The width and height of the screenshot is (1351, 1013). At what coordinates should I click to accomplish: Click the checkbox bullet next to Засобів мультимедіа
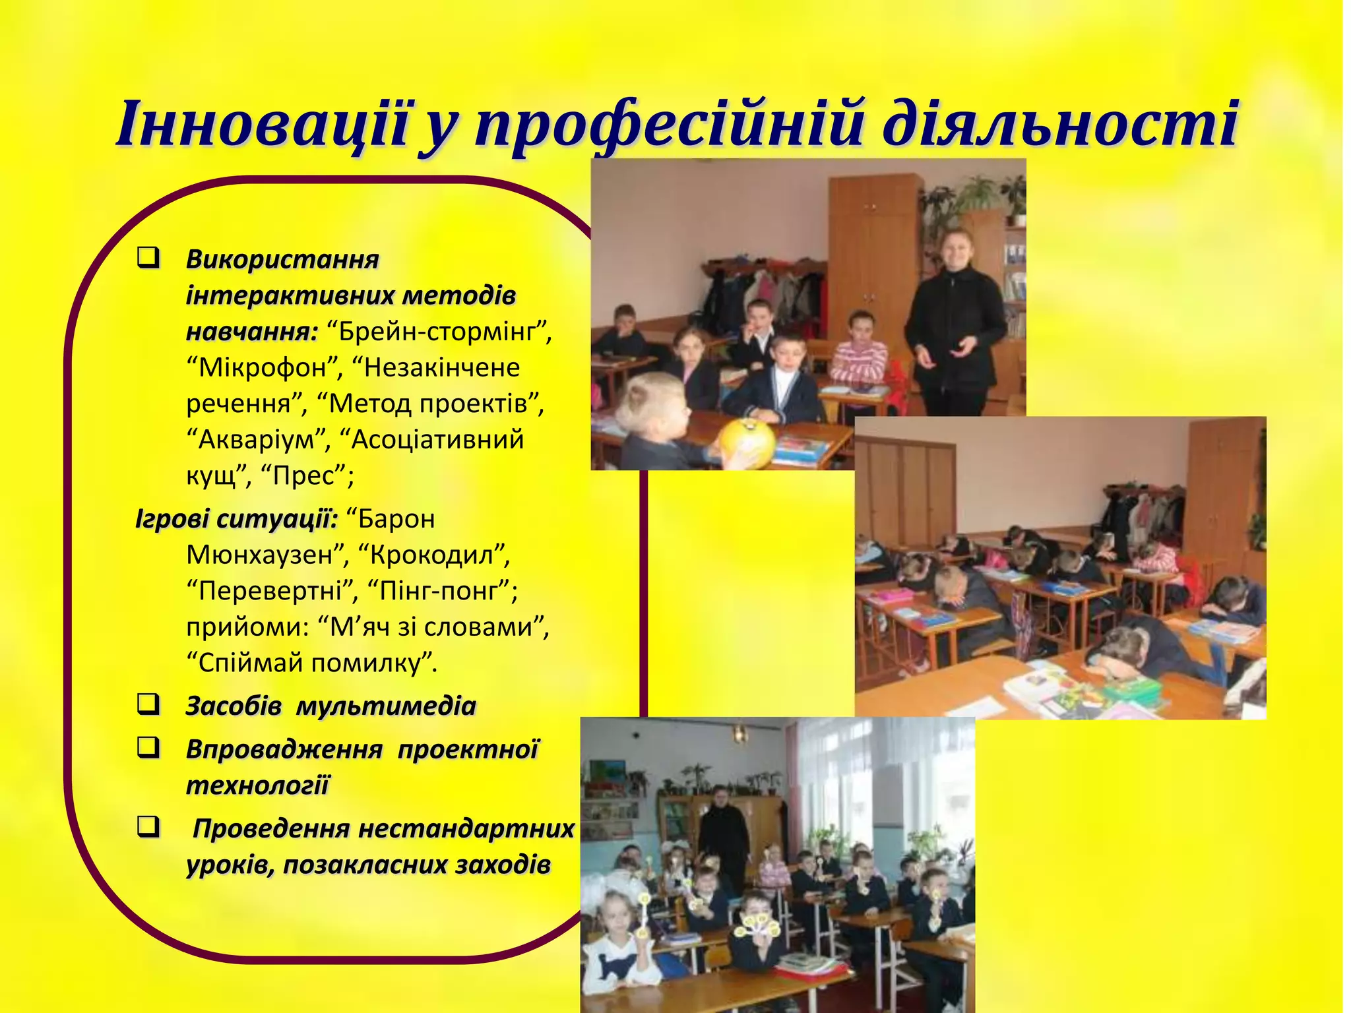[148, 704]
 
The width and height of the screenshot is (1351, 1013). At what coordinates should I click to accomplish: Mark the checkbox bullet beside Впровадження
[148, 747]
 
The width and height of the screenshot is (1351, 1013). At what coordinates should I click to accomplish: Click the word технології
[257, 785]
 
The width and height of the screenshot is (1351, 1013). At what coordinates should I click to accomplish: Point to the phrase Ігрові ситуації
[236, 519]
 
